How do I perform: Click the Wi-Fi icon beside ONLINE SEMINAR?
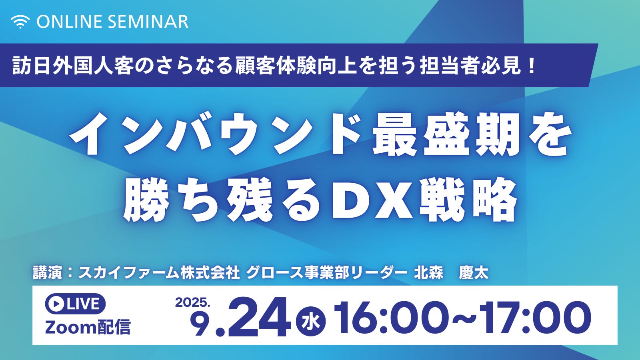point(20,22)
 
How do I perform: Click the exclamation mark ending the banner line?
point(532,66)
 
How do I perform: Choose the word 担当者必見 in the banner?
point(470,66)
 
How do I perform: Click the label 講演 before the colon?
point(47,272)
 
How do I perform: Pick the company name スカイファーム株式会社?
point(159,272)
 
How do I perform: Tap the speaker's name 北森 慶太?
point(451,272)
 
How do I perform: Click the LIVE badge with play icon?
point(75,304)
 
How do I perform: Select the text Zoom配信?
point(88,327)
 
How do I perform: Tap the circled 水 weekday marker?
point(311,323)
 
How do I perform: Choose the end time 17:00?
point(535,319)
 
